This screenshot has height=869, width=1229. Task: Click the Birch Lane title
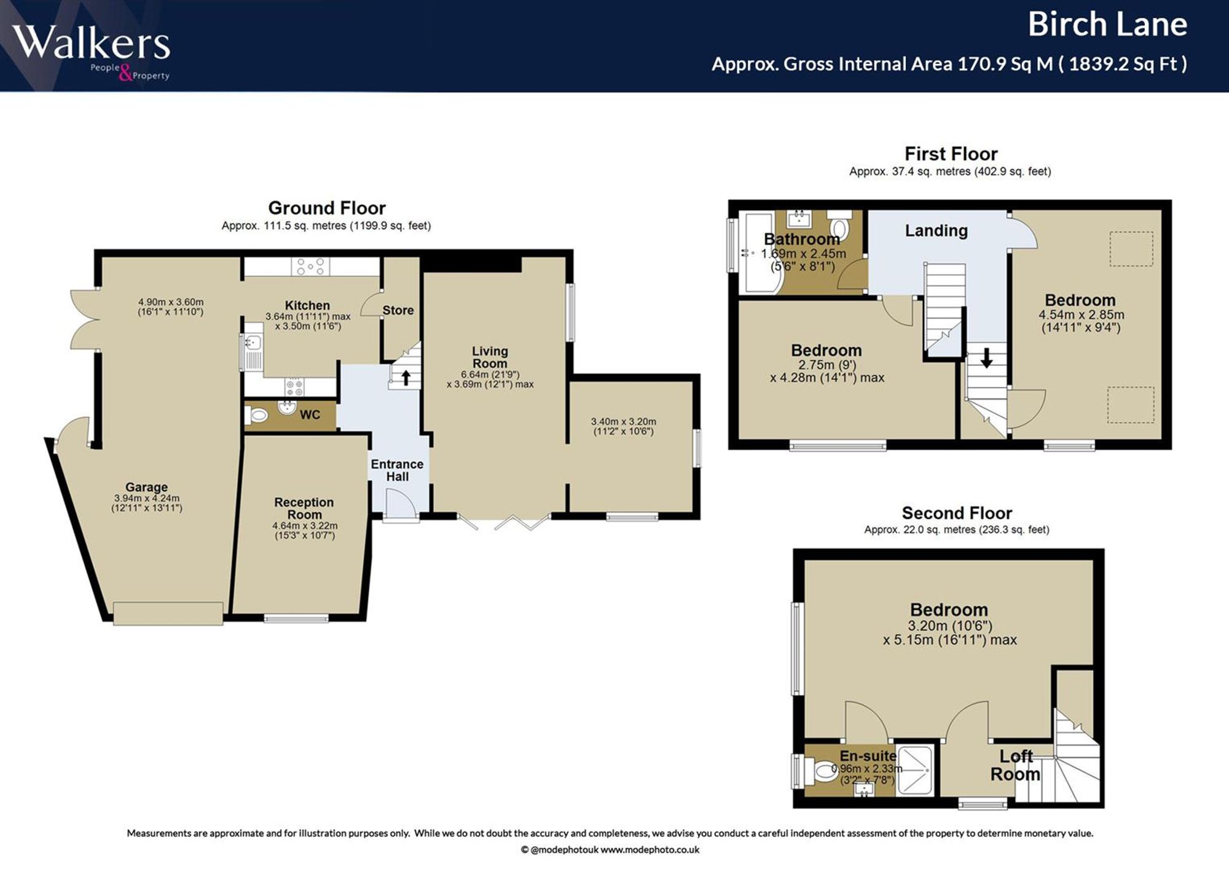[1107, 25]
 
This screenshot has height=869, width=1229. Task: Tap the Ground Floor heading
[327, 208]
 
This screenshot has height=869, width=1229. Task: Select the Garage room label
[146, 487]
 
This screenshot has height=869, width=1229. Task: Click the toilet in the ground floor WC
[257, 416]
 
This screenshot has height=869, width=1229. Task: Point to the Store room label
[398, 310]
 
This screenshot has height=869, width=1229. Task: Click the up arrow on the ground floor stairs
[406, 376]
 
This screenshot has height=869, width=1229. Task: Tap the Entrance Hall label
[397, 470]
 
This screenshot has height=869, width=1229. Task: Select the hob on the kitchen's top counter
[311, 267]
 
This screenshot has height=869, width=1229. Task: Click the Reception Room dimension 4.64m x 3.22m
[305, 526]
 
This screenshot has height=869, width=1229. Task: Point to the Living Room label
[490, 357]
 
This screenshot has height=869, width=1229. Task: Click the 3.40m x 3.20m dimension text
[624, 421]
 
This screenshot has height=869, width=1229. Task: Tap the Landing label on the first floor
[936, 230]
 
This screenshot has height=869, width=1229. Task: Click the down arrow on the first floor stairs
[986, 358]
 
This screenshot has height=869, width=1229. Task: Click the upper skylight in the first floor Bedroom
[1131, 249]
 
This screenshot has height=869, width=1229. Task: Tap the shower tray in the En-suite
[914, 771]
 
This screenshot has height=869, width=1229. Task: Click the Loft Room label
[1015, 765]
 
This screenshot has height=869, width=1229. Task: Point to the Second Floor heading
[957, 513]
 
